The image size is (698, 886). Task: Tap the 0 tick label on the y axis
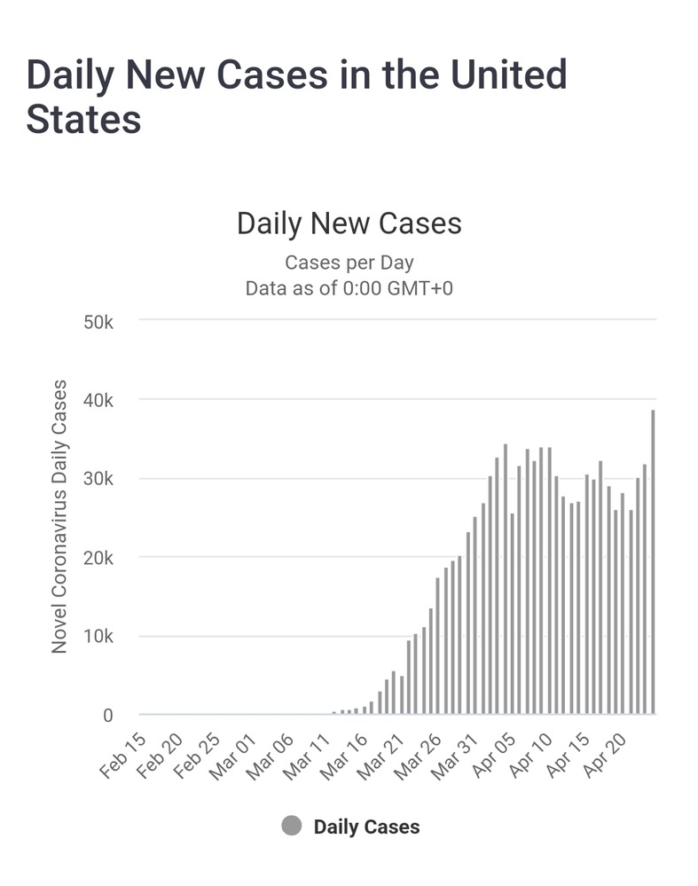(x=108, y=716)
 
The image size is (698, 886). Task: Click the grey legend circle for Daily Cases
(x=292, y=827)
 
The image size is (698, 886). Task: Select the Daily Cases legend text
(x=366, y=827)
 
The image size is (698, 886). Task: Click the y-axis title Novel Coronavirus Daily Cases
(x=59, y=517)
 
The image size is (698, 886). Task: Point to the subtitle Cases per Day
(x=349, y=263)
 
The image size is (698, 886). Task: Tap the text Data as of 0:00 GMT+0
(x=349, y=288)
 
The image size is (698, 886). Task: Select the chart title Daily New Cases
(x=349, y=223)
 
